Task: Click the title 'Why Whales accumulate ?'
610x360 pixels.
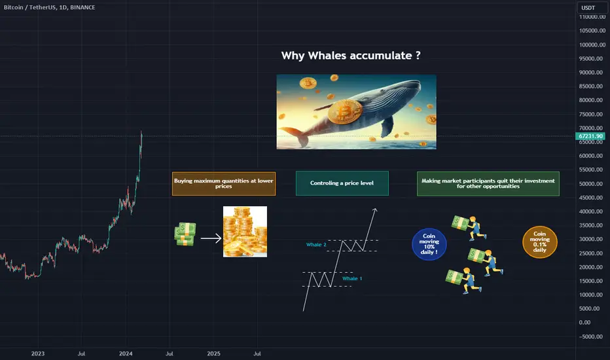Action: point(351,56)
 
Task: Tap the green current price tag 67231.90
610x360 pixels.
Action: point(590,136)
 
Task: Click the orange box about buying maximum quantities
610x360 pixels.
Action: point(224,184)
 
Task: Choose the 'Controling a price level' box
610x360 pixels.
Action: point(342,183)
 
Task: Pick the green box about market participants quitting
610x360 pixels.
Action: point(488,184)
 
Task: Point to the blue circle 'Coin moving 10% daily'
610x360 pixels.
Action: point(429,244)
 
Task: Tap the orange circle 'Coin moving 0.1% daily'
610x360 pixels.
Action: point(539,242)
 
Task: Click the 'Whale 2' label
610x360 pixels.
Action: point(316,245)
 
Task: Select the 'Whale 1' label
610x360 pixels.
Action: point(352,279)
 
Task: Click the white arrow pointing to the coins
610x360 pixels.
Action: point(211,238)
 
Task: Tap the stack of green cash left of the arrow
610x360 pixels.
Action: point(185,234)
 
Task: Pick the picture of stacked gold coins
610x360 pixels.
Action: point(245,232)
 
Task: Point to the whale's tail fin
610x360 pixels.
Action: point(296,136)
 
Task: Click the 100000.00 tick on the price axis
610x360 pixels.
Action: point(592,45)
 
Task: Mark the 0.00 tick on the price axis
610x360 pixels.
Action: point(584,323)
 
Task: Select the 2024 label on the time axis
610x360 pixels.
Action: point(126,353)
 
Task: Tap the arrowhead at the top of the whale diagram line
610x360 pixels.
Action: point(374,210)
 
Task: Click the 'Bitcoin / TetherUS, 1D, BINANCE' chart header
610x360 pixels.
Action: point(49,7)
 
